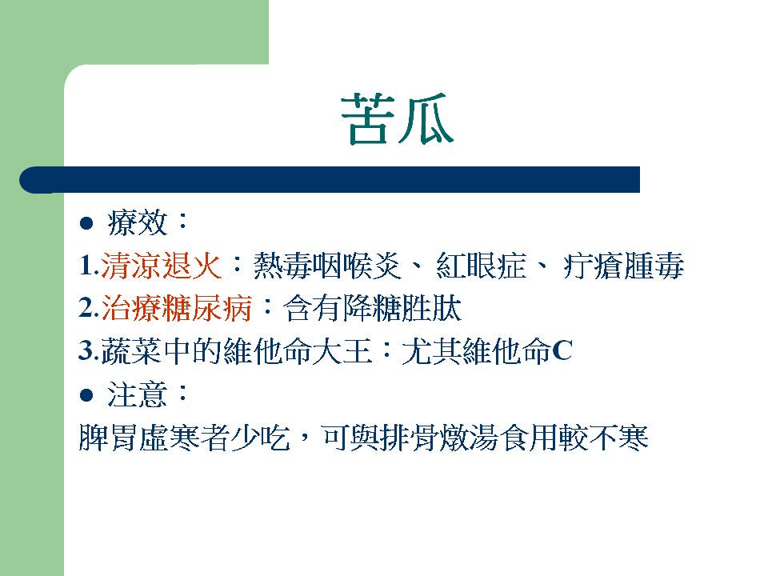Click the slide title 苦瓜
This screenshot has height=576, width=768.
point(398,119)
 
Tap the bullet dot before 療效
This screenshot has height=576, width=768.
point(86,224)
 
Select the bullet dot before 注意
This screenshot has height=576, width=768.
point(86,395)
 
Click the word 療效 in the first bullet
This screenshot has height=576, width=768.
point(138,223)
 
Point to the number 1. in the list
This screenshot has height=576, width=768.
point(89,266)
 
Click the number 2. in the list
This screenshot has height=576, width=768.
point(89,309)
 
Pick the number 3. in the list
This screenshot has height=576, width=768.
point(89,351)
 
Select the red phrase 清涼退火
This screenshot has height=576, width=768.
point(161,266)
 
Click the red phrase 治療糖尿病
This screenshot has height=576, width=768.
point(176,309)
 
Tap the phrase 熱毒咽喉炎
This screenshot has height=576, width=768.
point(327,266)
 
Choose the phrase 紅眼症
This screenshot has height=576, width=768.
point(481,266)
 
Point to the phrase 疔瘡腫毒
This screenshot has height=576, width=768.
point(623,266)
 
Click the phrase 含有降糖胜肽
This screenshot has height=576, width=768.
point(372,309)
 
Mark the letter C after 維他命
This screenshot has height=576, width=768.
point(562,351)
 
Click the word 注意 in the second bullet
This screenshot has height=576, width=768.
point(138,394)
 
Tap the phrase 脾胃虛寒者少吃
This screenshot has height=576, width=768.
point(184,438)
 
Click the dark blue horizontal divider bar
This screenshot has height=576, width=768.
point(330,180)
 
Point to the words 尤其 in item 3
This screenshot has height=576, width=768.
point(432,351)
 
